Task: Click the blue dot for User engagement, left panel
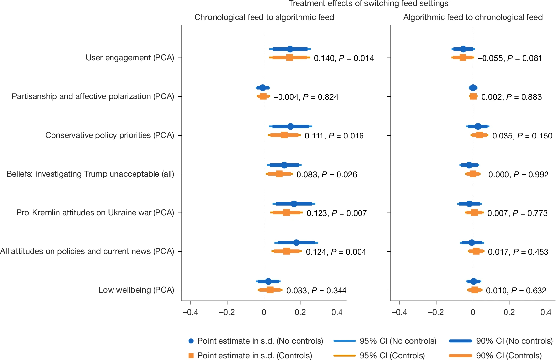[x=290, y=49]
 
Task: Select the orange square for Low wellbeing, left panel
[x=270, y=290]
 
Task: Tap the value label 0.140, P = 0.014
[x=344, y=58]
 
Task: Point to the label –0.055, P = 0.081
[x=510, y=58]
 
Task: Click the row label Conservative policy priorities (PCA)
[x=110, y=135]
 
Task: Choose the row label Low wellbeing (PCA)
[x=136, y=290]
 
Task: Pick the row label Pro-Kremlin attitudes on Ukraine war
[x=95, y=213]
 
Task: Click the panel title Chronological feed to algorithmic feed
[x=264, y=17]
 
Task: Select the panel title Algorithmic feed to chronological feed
[x=473, y=17]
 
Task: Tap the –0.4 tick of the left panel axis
[x=190, y=312]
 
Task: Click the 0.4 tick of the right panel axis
[x=546, y=312]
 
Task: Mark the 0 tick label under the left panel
[x=264, y=312]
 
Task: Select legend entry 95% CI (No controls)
[x=398, y=341]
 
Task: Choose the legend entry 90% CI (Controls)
[x=508, y=355]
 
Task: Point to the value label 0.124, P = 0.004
[x=336, y=252]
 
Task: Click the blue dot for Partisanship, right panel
[x=473, y=88]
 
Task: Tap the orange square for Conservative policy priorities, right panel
[x=479, y=135]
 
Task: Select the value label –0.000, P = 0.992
[x=516, y=175]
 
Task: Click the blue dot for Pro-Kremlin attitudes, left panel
[x=294, y=204]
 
